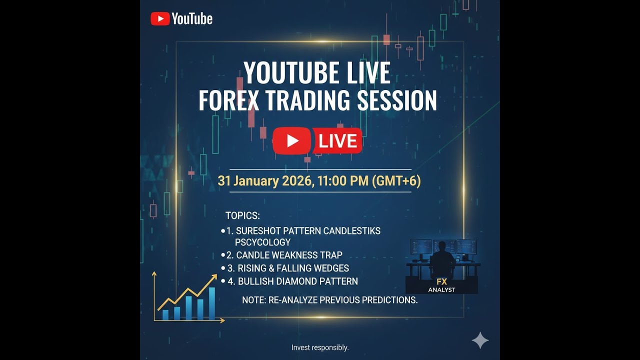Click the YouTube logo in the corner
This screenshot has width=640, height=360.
[181, 19]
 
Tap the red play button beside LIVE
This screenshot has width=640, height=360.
[292, 141]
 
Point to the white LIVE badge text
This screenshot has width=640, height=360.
[337, 141]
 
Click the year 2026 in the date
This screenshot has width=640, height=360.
[296, 180]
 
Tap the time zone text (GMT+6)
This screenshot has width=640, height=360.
[396, 180]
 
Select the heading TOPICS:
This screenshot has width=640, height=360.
[242, 216]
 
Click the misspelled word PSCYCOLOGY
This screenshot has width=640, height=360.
[262, 242]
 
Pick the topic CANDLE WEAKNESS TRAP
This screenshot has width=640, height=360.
[289, 255]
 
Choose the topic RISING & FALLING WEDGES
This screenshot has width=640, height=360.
[293, 268]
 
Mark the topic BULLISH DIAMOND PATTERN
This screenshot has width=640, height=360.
[297, 281]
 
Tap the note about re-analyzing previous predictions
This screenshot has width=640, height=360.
[329, 300]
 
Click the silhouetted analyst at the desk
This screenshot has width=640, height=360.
[442, 259]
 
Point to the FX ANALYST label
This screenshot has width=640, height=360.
[441, 285]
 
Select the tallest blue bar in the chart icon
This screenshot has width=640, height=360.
[212, 303]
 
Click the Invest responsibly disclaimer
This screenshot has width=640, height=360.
[320, 347]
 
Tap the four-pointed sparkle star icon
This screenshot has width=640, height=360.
[480, 340]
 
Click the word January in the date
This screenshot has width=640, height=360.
[255, 180]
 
